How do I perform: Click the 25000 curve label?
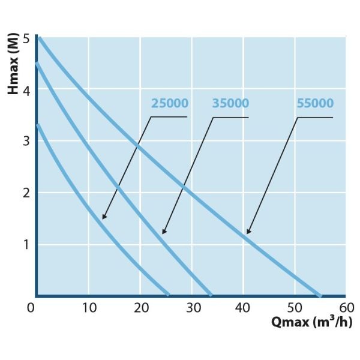coord(170,103)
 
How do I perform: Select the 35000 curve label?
coord(230,103)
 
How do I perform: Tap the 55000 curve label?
coord(315,103)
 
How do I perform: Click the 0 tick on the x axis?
coord(31,307)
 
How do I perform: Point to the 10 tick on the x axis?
coord(89,307)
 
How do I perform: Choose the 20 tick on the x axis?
coord(140,307)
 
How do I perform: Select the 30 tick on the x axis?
coord(192,307)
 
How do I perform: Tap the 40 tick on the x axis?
coord(244,307)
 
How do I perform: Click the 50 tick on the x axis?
coord(295,307)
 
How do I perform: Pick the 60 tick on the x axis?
coord(346,307)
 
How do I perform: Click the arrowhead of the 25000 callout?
coord(103,217)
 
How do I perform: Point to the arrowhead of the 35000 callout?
coord(163,232)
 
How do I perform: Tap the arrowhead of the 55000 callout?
coord(248,232)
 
